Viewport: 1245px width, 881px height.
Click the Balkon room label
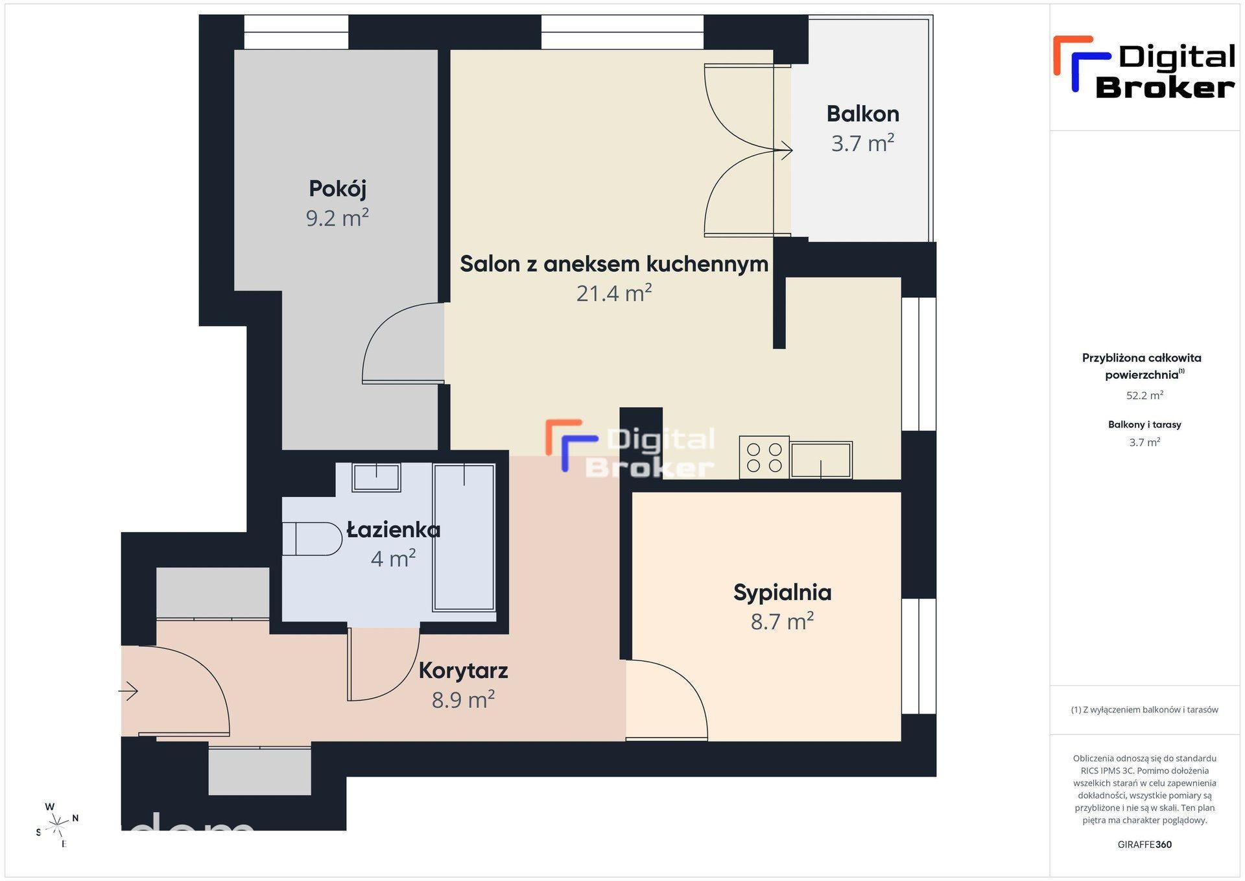(862, 114)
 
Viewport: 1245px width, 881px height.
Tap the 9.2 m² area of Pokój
(337, 217)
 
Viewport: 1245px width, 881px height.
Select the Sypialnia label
(782, 592)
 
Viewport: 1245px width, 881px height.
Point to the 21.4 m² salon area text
(614, 293)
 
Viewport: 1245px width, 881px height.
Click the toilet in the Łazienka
(312, 538)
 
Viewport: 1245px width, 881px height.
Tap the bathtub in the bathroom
(464, 537)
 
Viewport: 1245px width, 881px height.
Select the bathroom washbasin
(376, 477)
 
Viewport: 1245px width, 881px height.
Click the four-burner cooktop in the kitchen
(764, 457)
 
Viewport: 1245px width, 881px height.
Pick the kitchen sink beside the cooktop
(821, 459)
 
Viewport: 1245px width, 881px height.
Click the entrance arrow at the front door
(128, 692)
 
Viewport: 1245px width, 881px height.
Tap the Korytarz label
(463, 670)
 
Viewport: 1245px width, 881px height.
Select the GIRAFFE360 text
(1144, 844)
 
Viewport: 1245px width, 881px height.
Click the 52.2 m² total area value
(1144, 395)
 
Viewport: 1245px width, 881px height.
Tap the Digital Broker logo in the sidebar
(1144, 67)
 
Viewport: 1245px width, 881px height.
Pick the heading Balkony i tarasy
(1144, 424)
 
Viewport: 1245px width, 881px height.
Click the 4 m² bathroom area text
(393, 558)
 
